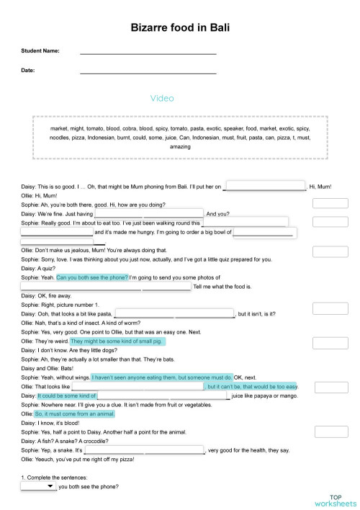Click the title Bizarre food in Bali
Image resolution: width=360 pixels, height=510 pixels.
[180, 27]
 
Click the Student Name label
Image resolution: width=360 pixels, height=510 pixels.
[41, 51]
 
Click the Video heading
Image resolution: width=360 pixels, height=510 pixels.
[162, 98]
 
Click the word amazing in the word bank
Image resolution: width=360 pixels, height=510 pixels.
[180, 146]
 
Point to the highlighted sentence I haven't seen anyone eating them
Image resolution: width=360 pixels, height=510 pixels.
[162, 377]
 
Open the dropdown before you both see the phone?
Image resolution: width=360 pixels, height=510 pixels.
[38, 487]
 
